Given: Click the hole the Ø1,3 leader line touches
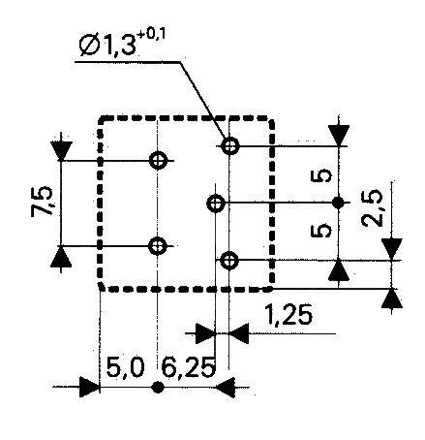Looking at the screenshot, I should click(x=229, y=146).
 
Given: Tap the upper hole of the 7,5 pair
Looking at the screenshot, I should click(x=158, y=160).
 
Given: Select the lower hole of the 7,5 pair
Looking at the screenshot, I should click(x=158, y=246).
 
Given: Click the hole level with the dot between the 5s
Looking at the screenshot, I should click(x=217, y=203).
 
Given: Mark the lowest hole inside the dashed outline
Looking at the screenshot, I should click(x=229, y=259).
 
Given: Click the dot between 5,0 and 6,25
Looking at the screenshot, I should click(x=157, y=389).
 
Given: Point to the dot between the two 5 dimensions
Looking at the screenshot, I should click(x=338, y=203).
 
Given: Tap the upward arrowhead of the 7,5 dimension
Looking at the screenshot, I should click(x=61, y=256).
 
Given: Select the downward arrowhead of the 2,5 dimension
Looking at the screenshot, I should click(x=391, y=248).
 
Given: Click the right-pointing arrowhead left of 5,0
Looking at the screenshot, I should click(x=90, y=389).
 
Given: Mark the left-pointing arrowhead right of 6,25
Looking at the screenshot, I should click(x=226, y=389).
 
